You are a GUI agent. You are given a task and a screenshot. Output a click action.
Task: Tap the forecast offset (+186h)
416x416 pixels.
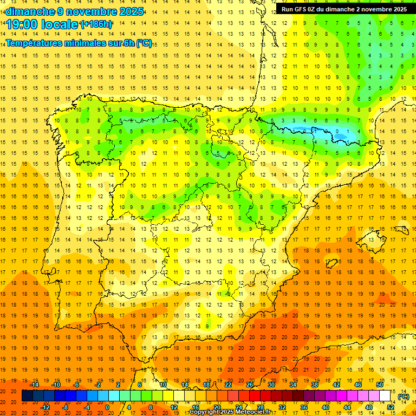[96, 24]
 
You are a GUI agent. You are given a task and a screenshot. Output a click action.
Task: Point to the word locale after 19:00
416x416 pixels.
[59, 24]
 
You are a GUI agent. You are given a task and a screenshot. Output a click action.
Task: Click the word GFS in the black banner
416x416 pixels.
[302, 9]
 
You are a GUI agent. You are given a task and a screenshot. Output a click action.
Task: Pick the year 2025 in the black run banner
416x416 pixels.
[398, 9]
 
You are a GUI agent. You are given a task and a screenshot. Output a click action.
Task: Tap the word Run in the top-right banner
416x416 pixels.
[288, 9]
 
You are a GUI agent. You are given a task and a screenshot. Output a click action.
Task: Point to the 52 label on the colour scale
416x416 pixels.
[391, 407]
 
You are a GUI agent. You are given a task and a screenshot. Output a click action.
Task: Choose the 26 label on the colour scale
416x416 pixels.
[250, 384]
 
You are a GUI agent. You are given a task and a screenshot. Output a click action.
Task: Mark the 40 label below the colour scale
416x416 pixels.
[326, 407]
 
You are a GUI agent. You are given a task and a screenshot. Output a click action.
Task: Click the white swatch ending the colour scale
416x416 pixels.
[385, 396]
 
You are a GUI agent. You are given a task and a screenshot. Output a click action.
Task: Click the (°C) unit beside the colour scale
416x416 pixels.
[403, 396]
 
